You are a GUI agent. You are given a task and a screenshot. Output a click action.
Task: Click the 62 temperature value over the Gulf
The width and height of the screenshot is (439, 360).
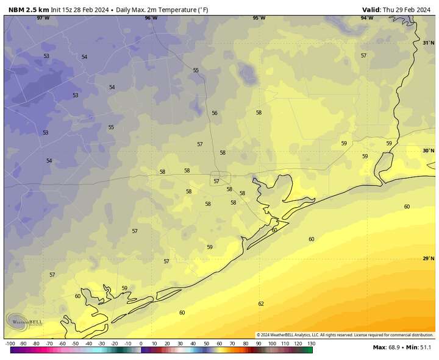[261, 303]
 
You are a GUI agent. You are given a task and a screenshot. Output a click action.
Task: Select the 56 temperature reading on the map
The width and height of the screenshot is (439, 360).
[214, 113]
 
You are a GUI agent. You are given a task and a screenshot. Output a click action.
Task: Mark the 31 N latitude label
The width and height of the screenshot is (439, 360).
[428, 43]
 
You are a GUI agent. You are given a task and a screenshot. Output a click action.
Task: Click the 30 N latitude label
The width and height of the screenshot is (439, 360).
[428, 150]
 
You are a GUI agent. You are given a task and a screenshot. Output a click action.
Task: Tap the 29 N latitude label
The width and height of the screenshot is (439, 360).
[428, 258]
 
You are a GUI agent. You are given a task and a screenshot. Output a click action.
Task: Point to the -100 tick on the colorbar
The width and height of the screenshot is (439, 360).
[10, 344]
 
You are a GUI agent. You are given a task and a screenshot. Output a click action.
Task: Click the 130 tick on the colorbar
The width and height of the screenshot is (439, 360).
[310, 344]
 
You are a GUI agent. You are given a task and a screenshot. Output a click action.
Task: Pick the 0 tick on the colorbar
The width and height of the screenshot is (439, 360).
[141, 344]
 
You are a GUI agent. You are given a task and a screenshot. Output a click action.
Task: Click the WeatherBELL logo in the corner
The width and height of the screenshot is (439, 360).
[24, 320]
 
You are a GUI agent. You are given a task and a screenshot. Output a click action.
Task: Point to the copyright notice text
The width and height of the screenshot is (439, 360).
[344, 334]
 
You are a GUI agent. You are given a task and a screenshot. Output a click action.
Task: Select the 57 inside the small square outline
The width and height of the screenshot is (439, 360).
[216, 181]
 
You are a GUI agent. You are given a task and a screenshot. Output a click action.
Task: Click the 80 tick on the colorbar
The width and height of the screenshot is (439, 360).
[245, 344]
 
